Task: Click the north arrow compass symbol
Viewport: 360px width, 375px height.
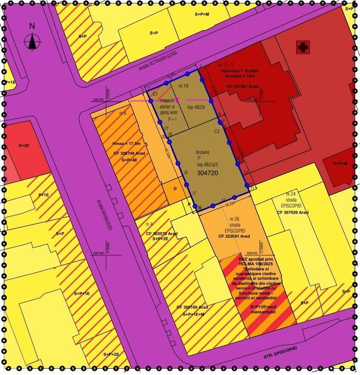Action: [32, 41]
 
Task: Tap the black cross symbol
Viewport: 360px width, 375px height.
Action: [303, 47]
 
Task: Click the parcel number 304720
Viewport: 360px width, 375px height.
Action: [207, 173]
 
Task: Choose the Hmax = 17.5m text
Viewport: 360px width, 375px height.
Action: [127, 143]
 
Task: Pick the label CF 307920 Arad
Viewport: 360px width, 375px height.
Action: [293, 212]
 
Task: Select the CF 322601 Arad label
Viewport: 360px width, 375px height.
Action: [234, 236]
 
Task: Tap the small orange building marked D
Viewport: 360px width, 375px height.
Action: [174, 188]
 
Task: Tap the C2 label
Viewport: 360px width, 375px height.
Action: [217, 131]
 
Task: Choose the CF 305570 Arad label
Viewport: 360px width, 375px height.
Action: [162, 233]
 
